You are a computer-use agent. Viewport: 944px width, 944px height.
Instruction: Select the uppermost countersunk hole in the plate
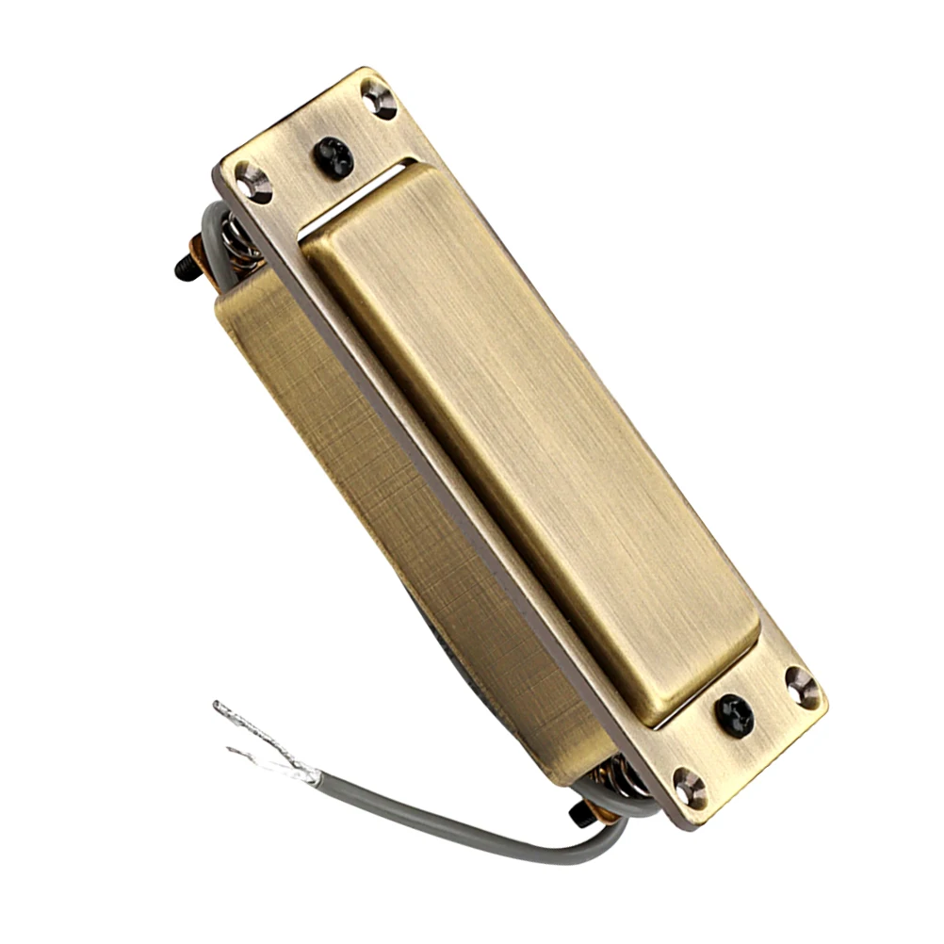click(379, 97)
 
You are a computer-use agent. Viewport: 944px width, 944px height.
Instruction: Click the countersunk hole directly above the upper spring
click(253, 182)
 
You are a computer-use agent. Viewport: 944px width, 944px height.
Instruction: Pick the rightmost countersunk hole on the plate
click(802, 687)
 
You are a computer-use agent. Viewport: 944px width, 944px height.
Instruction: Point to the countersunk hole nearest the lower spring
click(690, 787)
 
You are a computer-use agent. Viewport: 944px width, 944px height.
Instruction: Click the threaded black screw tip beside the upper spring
click(185, 269)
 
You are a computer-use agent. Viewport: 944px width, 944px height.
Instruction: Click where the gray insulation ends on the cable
click(317, 776)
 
